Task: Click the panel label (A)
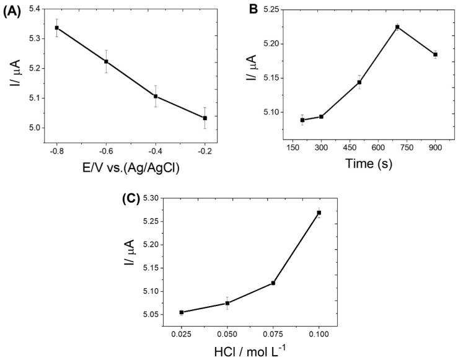13,12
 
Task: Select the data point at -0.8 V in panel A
57,28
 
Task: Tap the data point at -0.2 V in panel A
205,118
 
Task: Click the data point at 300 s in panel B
321,116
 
